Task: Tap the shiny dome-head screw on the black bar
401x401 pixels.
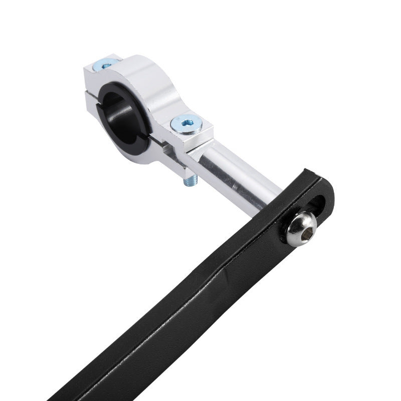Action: click(x=301, y=228)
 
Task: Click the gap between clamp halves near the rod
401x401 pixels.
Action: click(x=165, y=143)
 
